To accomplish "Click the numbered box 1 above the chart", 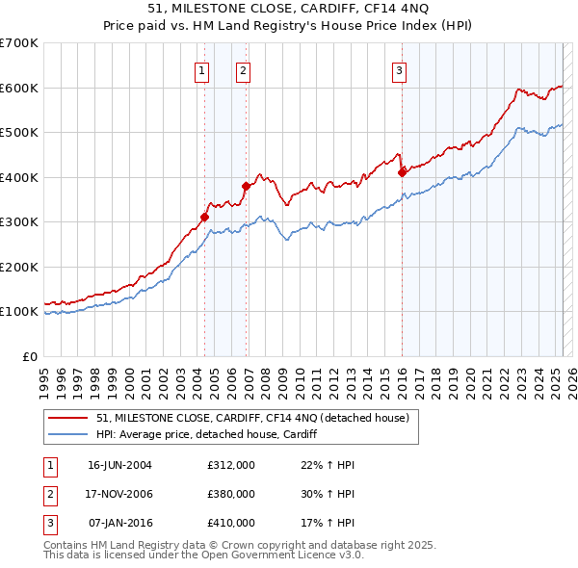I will [x=202, y=69].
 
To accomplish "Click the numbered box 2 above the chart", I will [x=243, y=69].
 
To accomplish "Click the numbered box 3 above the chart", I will [x=399, y=69].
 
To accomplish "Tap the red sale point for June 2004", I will [x=205, y=217].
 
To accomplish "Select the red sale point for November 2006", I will [x=246, y=186].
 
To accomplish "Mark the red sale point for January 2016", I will [x=402, y=173].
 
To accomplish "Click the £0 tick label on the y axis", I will [x=30, y=356].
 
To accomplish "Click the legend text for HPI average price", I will [x=206, y=434].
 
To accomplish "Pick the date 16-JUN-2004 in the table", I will [x=119, y=464].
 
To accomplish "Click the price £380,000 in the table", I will [x=231, y=494].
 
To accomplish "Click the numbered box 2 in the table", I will [x=49, y=494].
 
